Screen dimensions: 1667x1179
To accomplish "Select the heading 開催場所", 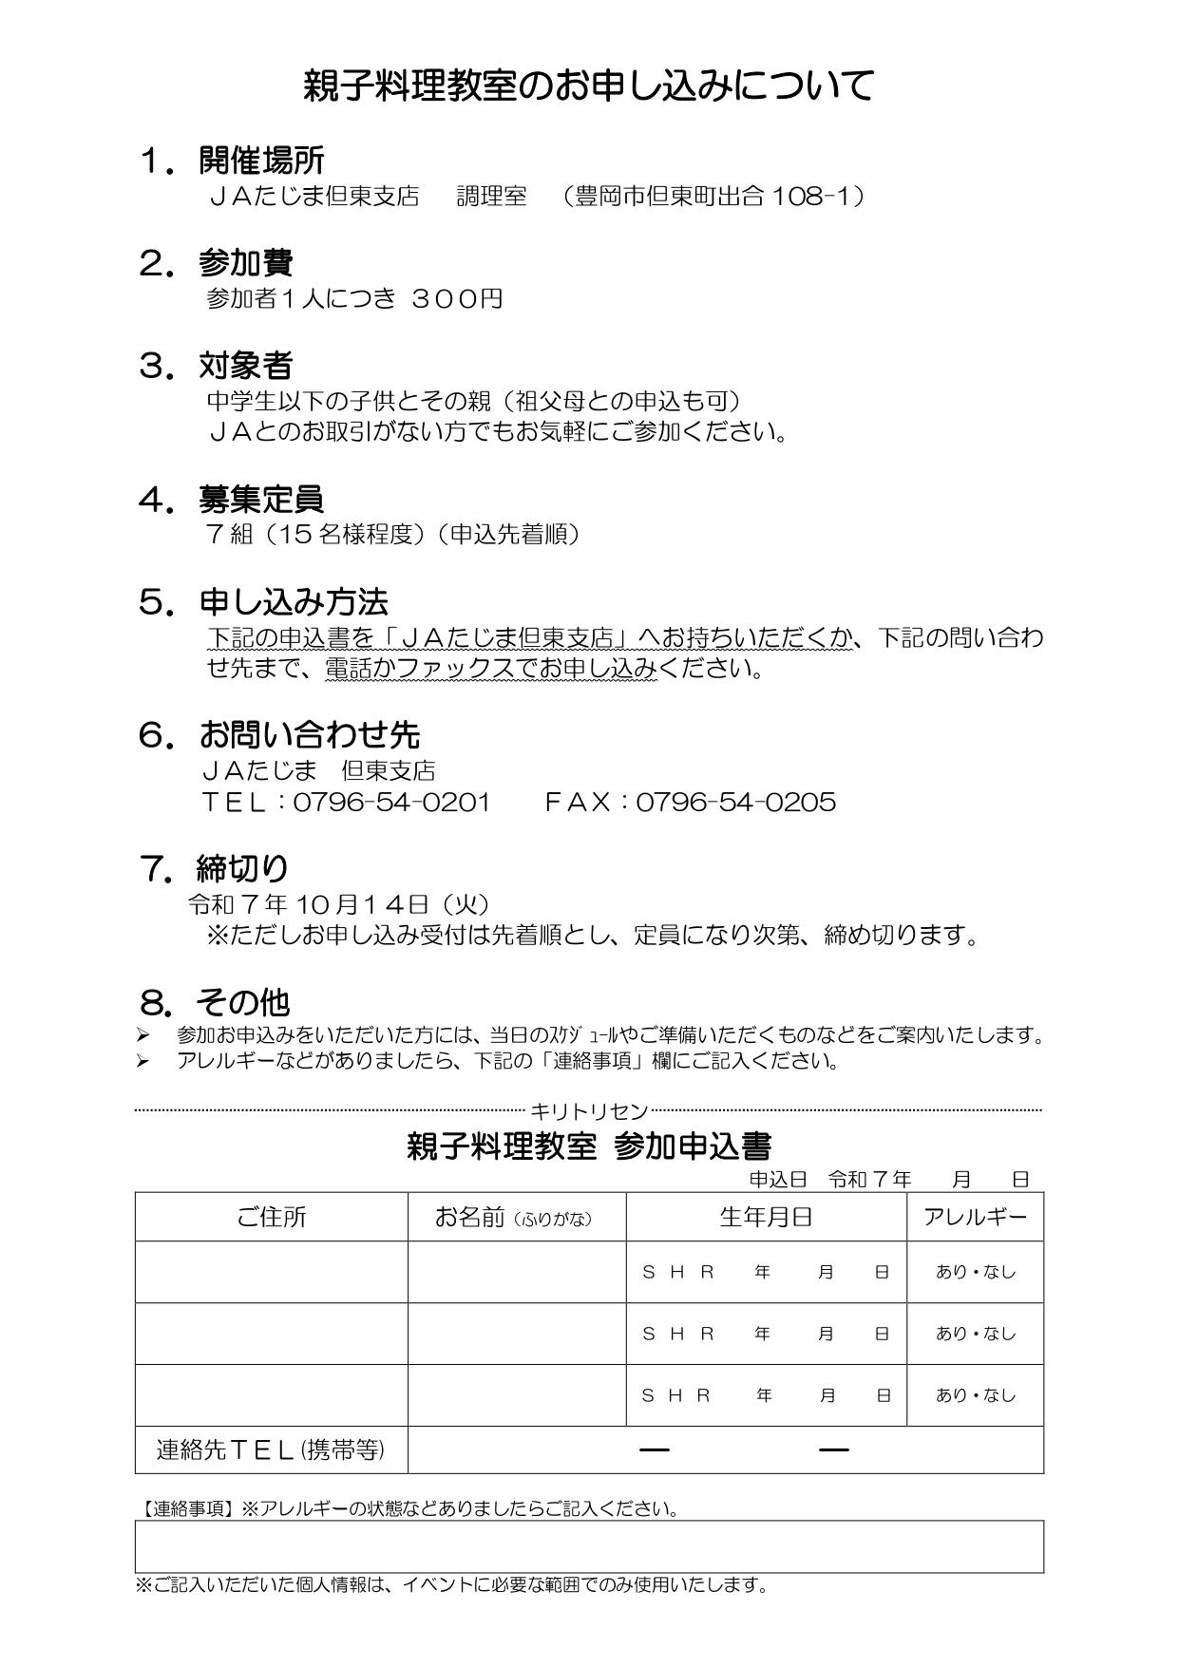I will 261,161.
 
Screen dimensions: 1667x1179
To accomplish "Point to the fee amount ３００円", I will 457,299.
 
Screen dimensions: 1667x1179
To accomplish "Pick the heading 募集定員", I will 261,499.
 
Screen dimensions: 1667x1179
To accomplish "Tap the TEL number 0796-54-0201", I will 391,803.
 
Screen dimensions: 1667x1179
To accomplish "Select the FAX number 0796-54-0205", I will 735,803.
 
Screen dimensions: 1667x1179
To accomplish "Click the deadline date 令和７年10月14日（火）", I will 339,903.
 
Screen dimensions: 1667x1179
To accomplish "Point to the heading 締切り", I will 242,868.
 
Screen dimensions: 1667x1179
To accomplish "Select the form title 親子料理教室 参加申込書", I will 588,1147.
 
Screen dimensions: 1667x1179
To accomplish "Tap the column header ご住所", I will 272,1218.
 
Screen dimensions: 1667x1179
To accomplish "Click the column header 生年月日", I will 766,1218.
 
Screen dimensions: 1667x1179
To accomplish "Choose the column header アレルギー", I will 975,1218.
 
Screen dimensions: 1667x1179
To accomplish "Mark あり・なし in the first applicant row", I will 975,1272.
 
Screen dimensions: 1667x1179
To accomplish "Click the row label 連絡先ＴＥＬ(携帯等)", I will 271,1449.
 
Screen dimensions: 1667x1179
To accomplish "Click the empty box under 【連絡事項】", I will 589,1546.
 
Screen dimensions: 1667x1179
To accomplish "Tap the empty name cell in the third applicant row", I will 517,1395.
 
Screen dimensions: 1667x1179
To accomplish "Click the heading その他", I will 242,1002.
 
